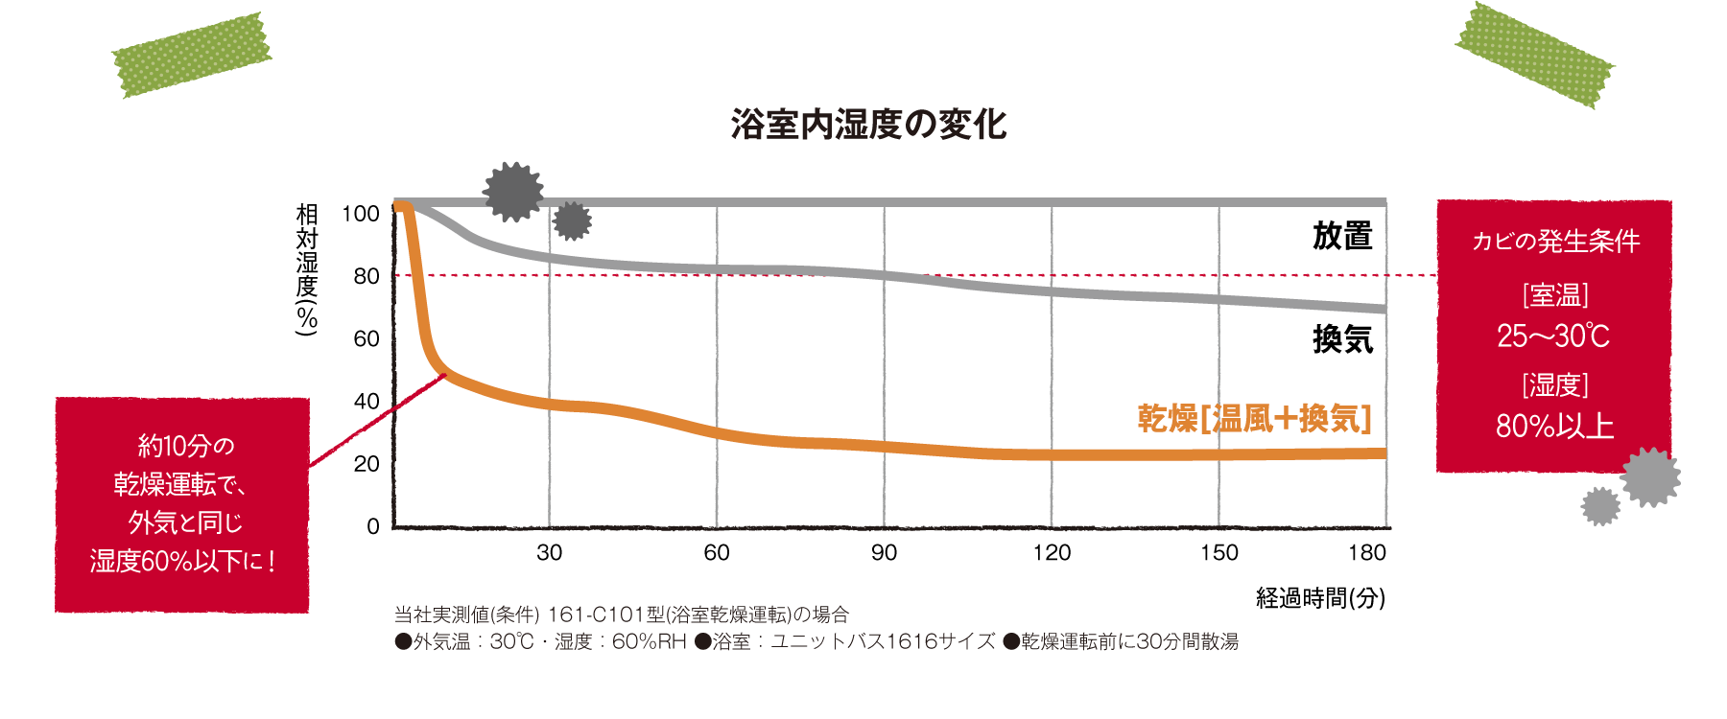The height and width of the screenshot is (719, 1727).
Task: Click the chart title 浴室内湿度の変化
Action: click(868, 125)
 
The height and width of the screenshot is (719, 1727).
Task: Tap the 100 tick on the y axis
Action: click(361, 214)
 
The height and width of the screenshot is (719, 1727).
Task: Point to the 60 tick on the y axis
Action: click(367, 338)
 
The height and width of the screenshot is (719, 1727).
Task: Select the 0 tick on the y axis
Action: click(373, 526)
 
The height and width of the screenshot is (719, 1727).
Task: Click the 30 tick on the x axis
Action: click(549, 553)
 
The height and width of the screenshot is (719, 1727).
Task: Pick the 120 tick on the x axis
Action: click(1052, 553)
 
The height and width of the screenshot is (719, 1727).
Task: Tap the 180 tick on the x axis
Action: click(1366, 553)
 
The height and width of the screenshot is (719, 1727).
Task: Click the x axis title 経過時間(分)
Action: click(1320, 599)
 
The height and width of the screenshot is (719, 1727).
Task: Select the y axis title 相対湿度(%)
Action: click(307, 269)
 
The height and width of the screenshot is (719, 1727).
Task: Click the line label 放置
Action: click(1342, 236)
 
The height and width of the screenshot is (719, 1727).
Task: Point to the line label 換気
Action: click(1342, 339)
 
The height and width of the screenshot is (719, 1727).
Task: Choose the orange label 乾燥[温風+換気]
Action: click(1254, 419)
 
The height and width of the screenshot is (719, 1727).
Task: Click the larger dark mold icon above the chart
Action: click(512, 192)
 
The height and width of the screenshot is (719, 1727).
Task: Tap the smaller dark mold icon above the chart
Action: click(573, 221)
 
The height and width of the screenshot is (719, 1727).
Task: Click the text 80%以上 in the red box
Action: click(1554, 426)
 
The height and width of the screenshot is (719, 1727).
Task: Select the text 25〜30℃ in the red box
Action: click(1553, 336)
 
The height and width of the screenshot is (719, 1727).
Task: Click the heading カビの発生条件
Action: click(1555, 241)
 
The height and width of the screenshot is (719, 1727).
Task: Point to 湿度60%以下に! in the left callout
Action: click(182, 561)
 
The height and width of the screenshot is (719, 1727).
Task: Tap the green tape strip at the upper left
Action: click(192, 55)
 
